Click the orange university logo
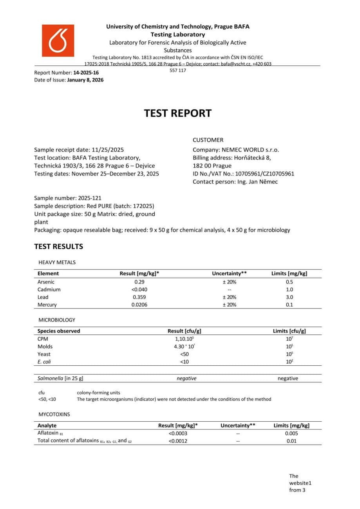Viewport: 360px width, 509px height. (x=58, y=40)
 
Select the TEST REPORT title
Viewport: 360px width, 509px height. (x=177, y=113)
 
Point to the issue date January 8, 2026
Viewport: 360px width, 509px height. (x=85, y=80)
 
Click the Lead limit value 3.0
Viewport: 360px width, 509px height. (x=289, y=297)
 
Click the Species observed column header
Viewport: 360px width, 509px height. (x=59, y=331)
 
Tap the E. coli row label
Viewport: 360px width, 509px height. (x=44, y=362)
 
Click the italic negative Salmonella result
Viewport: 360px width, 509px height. (x=186, y=378)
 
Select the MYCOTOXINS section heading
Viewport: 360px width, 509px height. (x=54, y=414)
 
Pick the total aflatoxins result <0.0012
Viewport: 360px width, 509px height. (x=178, y=441)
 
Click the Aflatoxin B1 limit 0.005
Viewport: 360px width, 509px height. (x=291, y=433)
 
